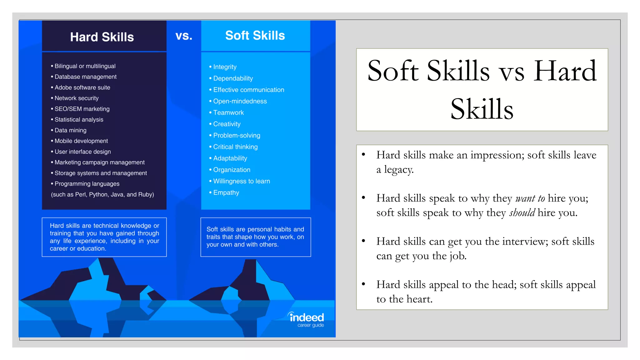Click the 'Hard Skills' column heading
[102, 37]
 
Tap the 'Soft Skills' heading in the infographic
[255, 36]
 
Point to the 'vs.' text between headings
[184, 36]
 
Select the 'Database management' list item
[85, 77]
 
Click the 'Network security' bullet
[77, 98]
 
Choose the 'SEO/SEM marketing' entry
[82, 109]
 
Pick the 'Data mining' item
[70, 130]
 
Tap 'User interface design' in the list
[82, 152]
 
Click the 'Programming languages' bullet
[87, 184]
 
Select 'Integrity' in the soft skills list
[225, 67]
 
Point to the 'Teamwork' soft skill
[228, 113]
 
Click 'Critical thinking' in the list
[235, 147]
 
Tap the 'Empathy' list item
[226, 193]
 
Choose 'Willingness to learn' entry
[242, 181]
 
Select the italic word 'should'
[522, 213]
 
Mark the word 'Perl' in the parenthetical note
[80, 195]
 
